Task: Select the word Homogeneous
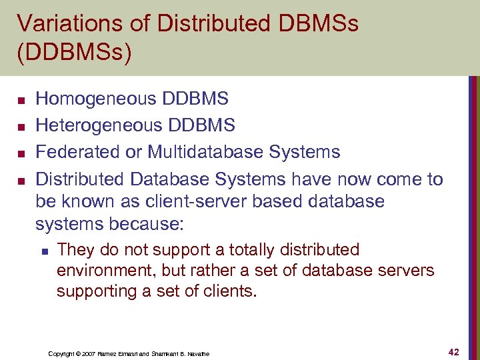coord(95,99)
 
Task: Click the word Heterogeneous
coord(99,125)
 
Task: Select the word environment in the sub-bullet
coord(102,271)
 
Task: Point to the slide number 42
coord(454,351)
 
